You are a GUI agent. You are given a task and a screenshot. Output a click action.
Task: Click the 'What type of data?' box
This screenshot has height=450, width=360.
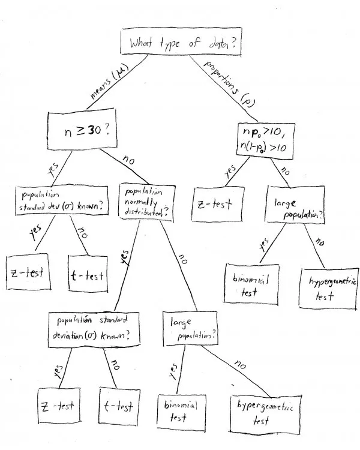[181, 42]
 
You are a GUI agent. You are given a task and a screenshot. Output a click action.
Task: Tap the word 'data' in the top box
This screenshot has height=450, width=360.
[219, 44]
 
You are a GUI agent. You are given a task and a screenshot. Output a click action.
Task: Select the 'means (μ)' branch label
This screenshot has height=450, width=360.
[109, 81]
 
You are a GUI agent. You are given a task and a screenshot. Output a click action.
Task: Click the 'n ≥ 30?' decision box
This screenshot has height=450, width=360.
[82, 129]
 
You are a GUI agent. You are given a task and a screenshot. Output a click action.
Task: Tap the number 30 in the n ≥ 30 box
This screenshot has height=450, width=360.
[94, 131]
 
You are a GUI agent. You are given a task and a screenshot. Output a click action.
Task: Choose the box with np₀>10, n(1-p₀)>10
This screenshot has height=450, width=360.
[266, 140]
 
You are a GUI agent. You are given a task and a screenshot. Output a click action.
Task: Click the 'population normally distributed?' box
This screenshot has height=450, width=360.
[146, 203]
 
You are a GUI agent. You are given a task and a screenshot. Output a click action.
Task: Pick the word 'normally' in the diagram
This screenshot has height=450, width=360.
[141, 203]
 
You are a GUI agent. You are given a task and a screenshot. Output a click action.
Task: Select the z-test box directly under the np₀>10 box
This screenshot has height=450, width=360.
[218, 205]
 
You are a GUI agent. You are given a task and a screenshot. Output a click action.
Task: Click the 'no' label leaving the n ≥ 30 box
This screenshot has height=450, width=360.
[128, 160]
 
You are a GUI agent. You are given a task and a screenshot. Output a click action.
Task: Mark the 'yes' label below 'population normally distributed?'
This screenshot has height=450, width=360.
[125, 257]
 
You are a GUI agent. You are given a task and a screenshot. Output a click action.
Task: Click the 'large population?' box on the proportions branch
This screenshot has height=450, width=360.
[295, 205]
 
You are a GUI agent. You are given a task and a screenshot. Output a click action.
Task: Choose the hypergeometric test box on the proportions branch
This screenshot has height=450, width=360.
[329, 289]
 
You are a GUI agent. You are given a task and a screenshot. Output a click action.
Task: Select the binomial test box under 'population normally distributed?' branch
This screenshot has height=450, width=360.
[181, 413]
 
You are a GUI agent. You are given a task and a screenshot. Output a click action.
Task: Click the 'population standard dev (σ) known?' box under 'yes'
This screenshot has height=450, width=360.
[62, 200]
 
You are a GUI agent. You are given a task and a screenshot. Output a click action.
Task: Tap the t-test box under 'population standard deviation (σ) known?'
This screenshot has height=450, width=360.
[119, 405]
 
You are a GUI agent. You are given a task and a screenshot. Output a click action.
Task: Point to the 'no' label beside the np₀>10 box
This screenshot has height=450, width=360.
[285, 171]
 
